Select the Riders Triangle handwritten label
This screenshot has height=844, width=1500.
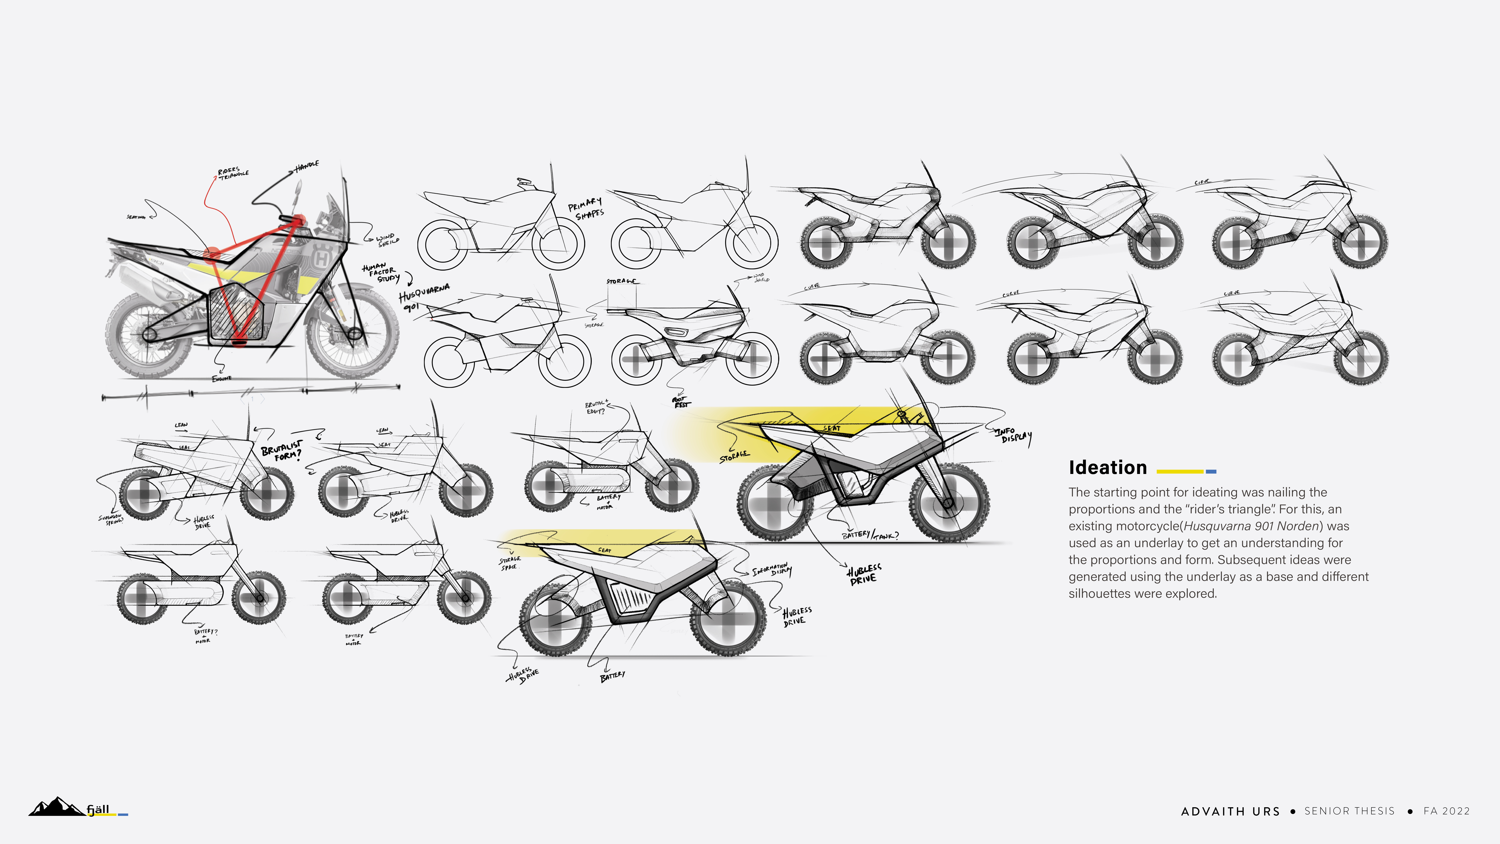233,173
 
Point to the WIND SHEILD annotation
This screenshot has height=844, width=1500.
387,239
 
